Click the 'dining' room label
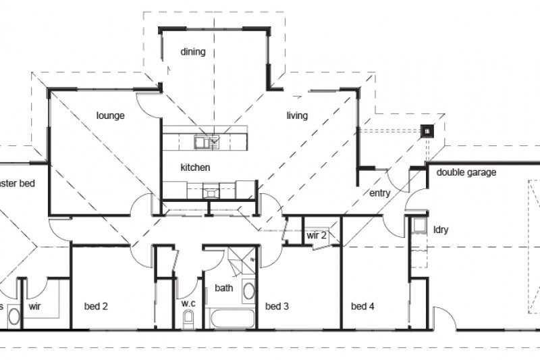tap(193, 52)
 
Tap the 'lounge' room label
tap(110, 115)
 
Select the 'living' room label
tap(297, 115)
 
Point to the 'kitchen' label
tap(195, 167)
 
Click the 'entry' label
tap(380, 194)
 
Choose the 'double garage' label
tap(466, 172)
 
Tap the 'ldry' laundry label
tap(441, 230)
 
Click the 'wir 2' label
tap(317, 236)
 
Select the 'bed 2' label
tap(96, 306)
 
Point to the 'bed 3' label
tap(277, 306)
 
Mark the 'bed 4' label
tap(362, 306)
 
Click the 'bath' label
tap(223, 288)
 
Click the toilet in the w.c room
tap(188, 319)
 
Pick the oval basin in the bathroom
tap(248, 292)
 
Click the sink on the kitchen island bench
tap(203, 142)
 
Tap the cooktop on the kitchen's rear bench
tap(212, 192)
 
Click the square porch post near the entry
tap(427, 132)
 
